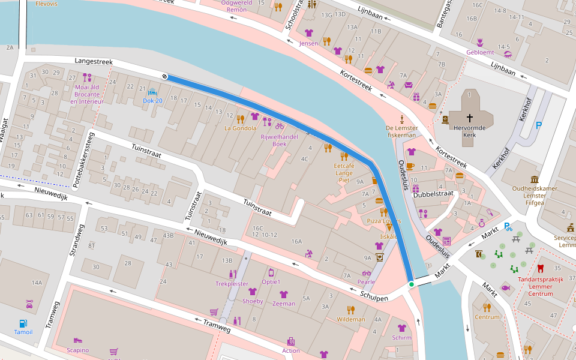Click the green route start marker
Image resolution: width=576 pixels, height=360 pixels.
pos(411,284)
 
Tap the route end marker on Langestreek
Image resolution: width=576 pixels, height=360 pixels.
pos(164,76)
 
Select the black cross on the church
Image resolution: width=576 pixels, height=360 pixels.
pos(469,119)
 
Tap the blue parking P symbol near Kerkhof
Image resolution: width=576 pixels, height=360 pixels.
pos(538,125)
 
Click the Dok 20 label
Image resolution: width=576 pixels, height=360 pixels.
pos(152,101)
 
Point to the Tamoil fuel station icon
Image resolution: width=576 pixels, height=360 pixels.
pos(23,323)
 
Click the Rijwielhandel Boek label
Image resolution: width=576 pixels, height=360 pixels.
pos(279,140)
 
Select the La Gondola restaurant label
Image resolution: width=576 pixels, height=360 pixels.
pos(240,128)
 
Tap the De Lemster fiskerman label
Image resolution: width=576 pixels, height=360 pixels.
pos(402,131)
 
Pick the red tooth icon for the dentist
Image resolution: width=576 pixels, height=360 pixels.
pos(540,268)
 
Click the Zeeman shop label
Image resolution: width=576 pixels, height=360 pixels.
pos(284,304)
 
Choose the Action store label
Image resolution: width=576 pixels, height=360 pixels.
pos(290,350)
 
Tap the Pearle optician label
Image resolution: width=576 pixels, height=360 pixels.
pos(366,282)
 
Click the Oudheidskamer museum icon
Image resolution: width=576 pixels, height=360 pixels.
pos(534,179)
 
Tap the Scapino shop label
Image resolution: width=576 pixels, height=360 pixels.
pos(77,350)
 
